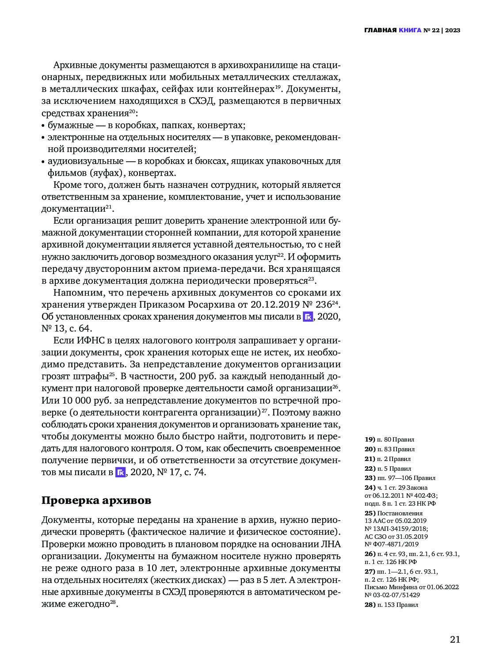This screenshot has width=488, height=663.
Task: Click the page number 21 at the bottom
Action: (455, 640)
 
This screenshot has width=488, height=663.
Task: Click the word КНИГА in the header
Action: (410, 30)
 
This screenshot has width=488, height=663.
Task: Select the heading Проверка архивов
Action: (96, 500)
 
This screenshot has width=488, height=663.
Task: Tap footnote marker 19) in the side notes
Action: (370, 440)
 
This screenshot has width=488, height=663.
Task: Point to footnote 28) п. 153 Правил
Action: (391, 605)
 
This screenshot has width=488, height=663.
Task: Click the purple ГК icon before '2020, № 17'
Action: (121, 472)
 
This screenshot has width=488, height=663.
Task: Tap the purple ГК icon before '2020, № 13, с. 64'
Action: (308, 317)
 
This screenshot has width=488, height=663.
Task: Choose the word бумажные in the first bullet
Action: (71, 125)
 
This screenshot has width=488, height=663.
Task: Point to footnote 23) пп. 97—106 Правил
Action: (400, 478)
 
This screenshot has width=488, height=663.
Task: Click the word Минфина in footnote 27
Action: (400, 587)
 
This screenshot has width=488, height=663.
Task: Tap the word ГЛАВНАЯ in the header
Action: (380, 30)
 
